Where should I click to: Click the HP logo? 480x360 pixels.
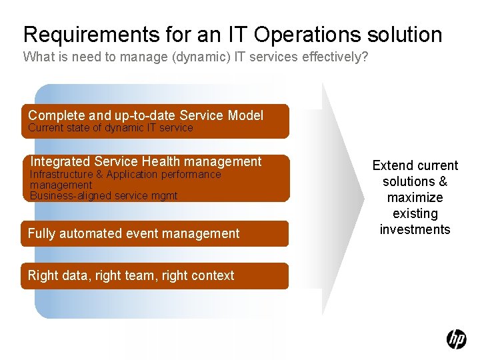456,339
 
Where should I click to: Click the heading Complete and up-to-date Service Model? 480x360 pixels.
145,115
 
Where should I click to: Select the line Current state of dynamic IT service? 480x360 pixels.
111,128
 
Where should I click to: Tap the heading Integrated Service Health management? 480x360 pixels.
146,161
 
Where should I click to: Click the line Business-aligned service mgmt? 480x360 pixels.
103,195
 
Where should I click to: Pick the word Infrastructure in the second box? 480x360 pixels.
61,175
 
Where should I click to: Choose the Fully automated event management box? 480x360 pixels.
155,233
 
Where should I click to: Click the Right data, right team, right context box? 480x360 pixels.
155,275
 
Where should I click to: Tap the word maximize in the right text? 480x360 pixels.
415,197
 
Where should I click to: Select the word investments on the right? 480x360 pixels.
415,229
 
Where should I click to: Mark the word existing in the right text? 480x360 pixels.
415,213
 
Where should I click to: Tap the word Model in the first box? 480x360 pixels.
245,115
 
